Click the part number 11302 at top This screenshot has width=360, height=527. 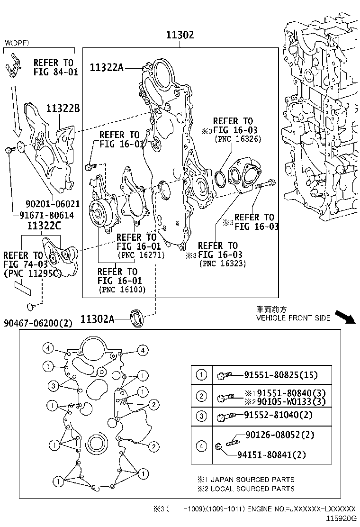180,35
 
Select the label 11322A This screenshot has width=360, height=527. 107,68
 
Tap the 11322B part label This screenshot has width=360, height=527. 63,109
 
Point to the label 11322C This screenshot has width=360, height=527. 44,226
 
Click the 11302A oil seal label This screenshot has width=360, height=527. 97,319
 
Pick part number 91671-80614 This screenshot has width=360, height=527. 46,215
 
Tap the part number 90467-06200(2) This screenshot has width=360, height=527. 38,323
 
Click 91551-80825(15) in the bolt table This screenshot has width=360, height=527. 281,375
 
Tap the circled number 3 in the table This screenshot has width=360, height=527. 202,416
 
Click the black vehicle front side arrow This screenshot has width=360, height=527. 344,317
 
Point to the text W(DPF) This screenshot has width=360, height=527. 17,43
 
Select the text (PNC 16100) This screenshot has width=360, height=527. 122,290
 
